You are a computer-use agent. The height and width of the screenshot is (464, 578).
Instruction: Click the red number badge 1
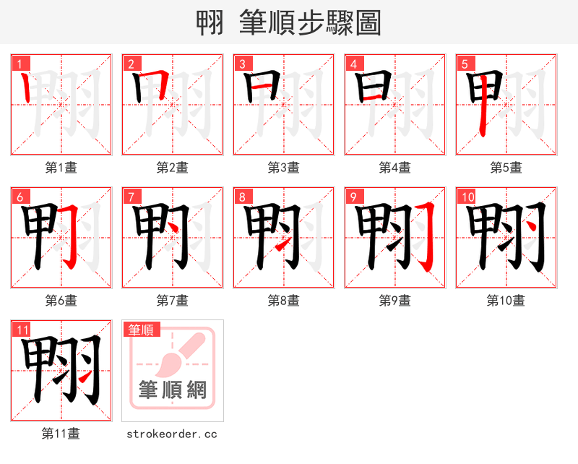18,64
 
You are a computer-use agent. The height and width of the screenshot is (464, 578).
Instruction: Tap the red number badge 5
463,64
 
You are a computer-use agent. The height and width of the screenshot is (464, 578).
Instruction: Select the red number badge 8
241,197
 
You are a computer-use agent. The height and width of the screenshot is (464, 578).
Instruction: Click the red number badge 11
22,330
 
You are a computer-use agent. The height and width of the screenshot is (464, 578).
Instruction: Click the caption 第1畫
61,168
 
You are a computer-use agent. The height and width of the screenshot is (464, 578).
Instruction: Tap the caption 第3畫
283,168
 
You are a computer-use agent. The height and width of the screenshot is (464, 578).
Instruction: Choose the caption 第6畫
61,301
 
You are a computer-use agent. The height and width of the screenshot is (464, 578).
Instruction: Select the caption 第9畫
394,301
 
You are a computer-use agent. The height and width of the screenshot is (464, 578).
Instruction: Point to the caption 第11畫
61,434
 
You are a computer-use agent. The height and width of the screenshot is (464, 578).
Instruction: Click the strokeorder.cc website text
172,434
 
